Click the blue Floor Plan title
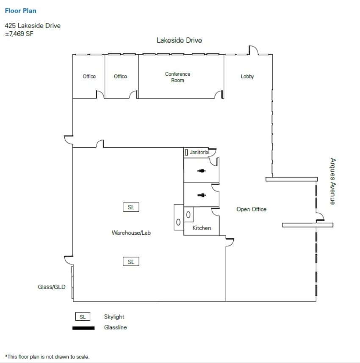21,11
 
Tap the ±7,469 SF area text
19,33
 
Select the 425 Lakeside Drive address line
33,25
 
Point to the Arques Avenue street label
332,181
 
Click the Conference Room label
177,77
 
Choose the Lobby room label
247,77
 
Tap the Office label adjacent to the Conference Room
120,77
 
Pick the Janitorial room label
199,152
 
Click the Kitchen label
202,228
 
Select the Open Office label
251,209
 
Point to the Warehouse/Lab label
131,233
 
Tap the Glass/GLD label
52,287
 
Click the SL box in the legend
83,317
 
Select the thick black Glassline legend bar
83,328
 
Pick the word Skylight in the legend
114,317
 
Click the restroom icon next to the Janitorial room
201,171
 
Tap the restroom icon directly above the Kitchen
201,195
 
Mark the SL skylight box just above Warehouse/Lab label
131,207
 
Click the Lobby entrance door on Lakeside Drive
253,50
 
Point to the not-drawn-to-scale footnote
47,357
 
